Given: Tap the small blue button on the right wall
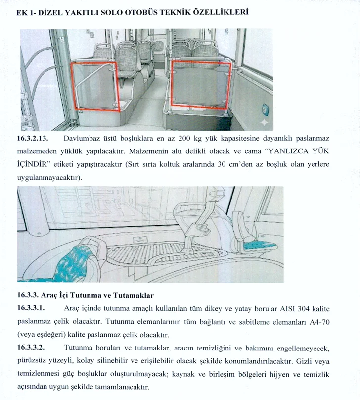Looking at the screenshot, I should [266, 109].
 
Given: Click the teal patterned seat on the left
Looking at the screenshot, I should [75, 257].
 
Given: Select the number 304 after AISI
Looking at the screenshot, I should [289, 308].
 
